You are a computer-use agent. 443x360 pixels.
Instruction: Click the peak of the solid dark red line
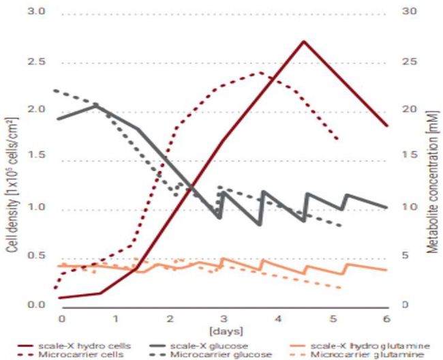click(303, 41)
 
